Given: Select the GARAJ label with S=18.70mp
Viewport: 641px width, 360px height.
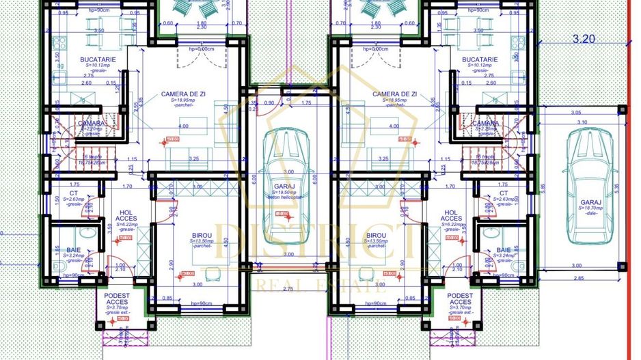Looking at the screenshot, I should click(590, 203).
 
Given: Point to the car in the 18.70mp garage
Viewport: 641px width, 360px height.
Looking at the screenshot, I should click(590, 161).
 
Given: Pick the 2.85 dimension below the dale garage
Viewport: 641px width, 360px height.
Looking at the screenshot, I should click(580, 278).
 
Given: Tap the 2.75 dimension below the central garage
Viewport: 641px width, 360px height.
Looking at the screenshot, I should click(287, 290).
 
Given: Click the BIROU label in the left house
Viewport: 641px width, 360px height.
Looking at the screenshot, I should click(204, 234).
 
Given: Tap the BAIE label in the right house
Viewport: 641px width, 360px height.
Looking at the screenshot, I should click(504, 250).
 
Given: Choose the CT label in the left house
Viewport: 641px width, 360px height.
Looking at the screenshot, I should click(74, 193).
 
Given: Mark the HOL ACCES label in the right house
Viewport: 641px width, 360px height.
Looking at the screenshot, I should click(450, 216).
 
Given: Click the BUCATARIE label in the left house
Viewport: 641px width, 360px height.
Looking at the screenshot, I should click(98, 60).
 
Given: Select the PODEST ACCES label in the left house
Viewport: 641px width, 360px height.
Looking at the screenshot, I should click(117, 299).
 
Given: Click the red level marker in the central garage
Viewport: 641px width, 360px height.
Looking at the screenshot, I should click(280, 214).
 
